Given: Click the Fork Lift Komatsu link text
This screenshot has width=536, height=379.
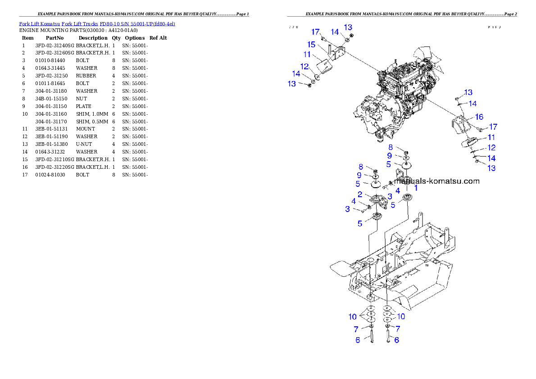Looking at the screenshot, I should coord(97,23).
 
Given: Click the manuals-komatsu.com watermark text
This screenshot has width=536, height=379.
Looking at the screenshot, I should coord(436,181).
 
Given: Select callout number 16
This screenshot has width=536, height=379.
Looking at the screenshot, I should coord(479,117).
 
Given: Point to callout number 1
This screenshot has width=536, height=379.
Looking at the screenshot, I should coord(416,188).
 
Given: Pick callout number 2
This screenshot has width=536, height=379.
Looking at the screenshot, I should coord(360,194).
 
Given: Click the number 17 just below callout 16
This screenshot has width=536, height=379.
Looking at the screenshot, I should coord(493,127).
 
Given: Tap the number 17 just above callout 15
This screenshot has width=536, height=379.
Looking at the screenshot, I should coord(315,32).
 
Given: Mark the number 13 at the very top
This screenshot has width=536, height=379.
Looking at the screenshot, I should coord(348,27).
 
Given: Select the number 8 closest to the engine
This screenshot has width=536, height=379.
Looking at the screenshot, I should coord(391,147).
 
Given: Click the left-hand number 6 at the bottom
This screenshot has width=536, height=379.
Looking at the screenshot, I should coord(358,340).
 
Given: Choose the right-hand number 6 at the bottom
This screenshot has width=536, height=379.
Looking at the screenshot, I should coord(397,340).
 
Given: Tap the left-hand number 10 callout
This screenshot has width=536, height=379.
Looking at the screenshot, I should coord(353,317).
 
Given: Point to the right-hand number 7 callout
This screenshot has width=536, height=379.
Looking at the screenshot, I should coord(398,329).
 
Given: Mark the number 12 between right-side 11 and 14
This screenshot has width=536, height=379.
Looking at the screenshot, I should coord(491,148).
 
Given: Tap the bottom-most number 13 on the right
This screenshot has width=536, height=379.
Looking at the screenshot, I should coord(491,168).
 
